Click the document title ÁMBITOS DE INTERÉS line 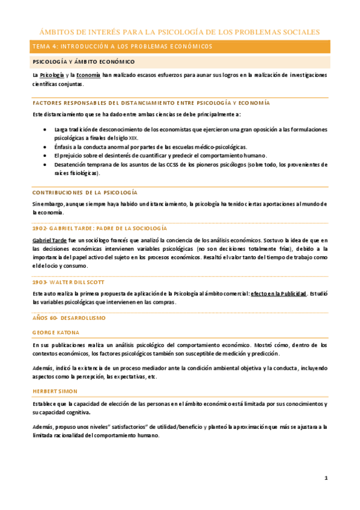[180, 32]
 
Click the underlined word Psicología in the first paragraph [50, 75]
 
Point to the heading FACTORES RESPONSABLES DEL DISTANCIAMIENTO [151, 103]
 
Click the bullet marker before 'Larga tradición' [47, 129]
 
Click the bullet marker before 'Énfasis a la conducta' [47, 147]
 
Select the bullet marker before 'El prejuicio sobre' [47, 155]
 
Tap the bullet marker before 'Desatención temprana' [47, 164]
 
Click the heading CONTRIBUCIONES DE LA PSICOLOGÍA [85, 192]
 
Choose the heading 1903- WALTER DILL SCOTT [69, 281]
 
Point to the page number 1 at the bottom [326, 478]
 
